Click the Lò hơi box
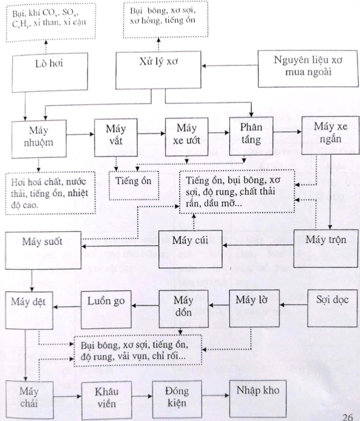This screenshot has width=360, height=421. tap(50, 72)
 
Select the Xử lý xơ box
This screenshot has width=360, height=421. tap(158, 70)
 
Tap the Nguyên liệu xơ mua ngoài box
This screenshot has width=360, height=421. tap(308, 68)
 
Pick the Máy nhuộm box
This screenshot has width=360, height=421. tap(39, 139)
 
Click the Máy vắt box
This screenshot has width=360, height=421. tap(116, 137)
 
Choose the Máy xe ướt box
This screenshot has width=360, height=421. tap(187, 137)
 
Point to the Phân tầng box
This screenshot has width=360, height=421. tap(251, 136)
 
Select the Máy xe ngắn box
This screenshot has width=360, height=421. tap(331, 135)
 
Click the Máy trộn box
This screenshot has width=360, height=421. tap(326, 249)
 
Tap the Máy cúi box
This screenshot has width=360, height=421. tap(190, 249)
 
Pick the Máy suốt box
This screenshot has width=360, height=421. tap(43, 250)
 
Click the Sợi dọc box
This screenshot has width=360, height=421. tap(332, 308)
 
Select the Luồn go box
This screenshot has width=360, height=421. tap(106, 309)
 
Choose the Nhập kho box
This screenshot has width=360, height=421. tap(258, 399)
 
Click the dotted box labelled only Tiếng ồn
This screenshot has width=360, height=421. tap(134, 185)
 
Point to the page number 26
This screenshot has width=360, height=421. tap(347, 417)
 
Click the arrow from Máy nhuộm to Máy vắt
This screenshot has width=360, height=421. tap(80, 134)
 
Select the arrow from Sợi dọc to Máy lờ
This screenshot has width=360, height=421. tap(294, 305)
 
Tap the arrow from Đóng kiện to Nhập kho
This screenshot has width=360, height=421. tap(216, 395)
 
